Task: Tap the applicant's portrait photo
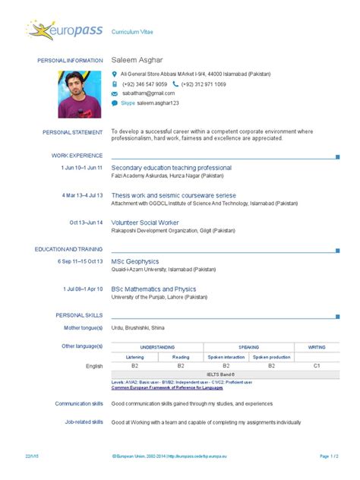tap(79, 94)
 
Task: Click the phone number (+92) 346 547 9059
tap(144, 84)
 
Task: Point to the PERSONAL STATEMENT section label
tap(72, 132)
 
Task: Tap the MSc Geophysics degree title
tap(135, 261)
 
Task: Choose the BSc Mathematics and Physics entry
tap(153, 289)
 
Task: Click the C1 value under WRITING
tap(316, 365)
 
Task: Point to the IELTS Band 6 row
tap(225, 374)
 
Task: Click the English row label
tap(94, 365)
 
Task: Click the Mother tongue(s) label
tap(84, 327)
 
